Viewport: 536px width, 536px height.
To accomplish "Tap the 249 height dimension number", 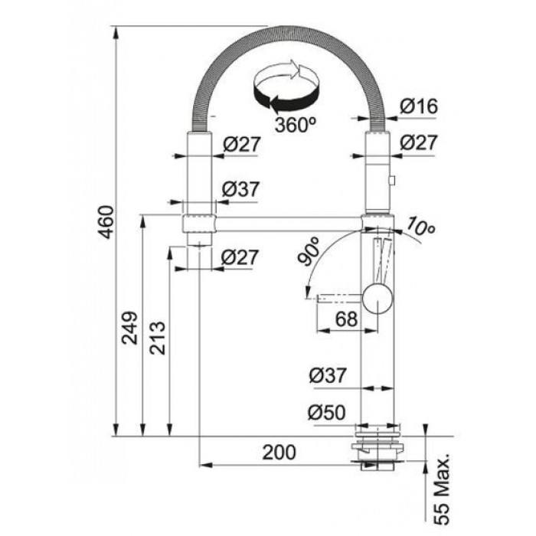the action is [131, 328].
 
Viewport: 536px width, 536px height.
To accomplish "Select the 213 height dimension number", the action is [158, 338].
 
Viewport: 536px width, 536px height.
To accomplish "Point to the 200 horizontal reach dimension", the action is [279, 453].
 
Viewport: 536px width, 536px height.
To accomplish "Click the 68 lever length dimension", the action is [346, 319].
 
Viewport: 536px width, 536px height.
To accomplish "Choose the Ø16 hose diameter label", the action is [418, 106].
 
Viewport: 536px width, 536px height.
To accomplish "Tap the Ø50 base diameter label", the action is [326, 412].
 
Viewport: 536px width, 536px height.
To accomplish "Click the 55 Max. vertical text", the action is [443, 489].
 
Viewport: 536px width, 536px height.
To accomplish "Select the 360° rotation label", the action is [296, 125].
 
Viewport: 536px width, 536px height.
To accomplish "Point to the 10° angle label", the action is [420, 226].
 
